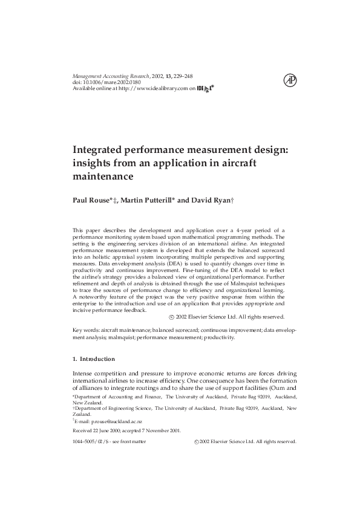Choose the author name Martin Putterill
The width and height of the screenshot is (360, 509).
click(x=146, y=200)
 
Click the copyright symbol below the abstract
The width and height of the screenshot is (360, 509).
click(x=172, y=316)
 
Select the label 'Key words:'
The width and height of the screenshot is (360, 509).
click(x=85, y=330)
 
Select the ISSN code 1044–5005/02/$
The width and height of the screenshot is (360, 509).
click(x=91, y=442)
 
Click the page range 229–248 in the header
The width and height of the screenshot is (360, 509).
click(x=182, y=77)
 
